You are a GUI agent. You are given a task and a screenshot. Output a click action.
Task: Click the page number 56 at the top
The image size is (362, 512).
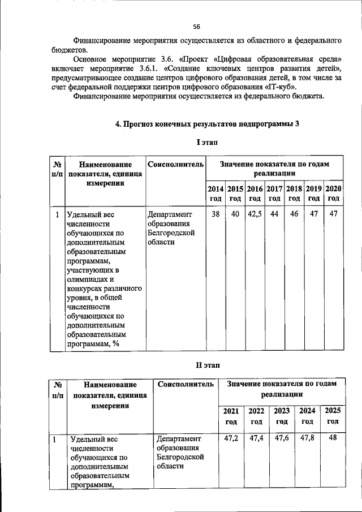tap(196, 27)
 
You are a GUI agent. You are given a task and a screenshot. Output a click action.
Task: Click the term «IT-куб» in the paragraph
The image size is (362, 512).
tap(281, 87)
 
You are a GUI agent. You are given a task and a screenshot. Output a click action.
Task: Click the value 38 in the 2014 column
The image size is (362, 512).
tap(216, 214)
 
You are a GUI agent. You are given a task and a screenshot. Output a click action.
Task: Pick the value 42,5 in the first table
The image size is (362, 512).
tap(255, 214)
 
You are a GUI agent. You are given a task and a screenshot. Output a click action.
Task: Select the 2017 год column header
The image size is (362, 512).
tap(274, 193)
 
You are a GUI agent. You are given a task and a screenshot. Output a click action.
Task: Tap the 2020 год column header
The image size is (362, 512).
tap(334, 193)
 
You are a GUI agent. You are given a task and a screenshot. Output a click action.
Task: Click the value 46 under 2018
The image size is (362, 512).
tap(294, 214)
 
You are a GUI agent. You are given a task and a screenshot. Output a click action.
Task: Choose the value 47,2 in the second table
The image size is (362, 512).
tap(231, 438)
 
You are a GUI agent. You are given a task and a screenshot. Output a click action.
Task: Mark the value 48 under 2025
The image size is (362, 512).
tap(333, 438)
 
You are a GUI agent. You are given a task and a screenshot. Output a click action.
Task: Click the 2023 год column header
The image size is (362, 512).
tap(282, 416)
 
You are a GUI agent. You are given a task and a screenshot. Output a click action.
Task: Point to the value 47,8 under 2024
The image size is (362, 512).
tap(307, 438)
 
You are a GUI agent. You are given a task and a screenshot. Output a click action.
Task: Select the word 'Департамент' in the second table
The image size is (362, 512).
tap(179, 438)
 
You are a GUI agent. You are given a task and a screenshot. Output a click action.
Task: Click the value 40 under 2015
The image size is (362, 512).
tap(235, 214)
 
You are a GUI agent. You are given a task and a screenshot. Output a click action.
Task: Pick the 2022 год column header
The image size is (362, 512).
tap(256, 416)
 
